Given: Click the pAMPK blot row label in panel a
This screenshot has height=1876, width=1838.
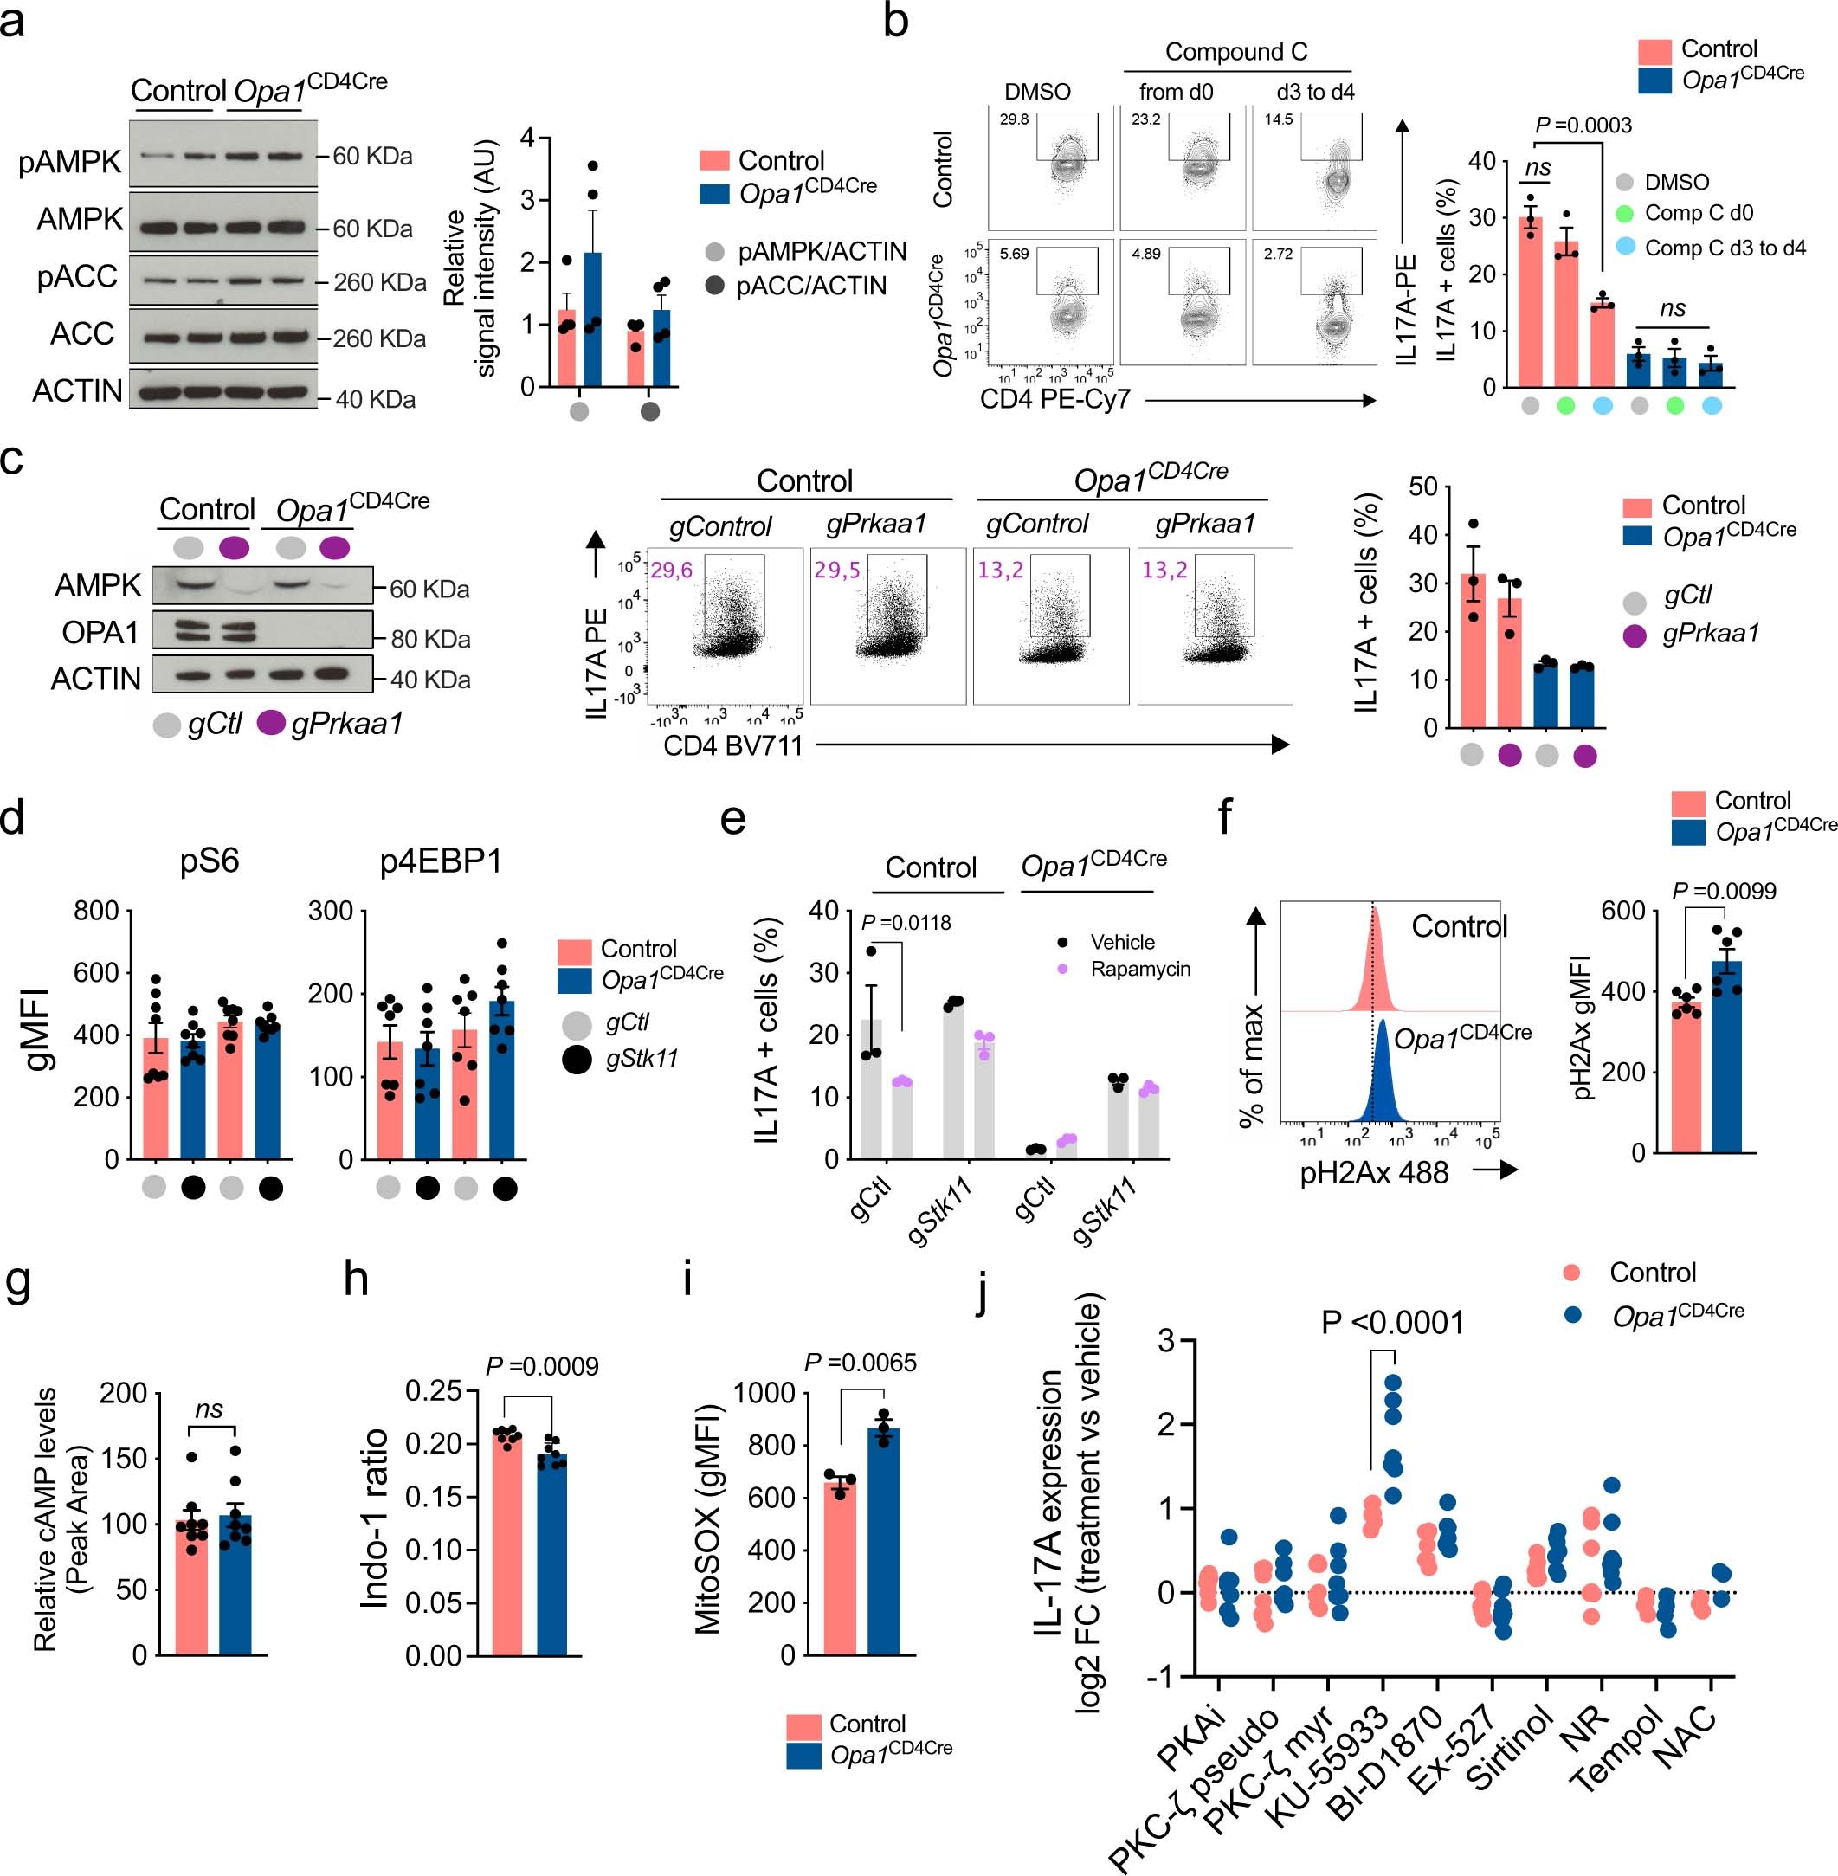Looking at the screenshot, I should (69, 162).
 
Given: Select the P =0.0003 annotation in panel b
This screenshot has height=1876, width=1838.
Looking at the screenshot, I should (1583, 126).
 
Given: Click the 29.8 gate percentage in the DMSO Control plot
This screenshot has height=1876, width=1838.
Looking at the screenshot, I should (1014, 119).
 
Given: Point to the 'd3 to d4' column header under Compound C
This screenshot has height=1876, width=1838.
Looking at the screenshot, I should (1315, 92).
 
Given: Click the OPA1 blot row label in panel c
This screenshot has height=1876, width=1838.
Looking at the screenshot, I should (100, 633).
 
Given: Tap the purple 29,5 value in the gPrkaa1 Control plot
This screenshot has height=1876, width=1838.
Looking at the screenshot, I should (836, 570).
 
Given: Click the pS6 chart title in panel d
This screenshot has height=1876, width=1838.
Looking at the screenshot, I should (210, 861).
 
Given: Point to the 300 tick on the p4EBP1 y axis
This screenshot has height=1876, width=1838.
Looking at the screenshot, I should (330, 911).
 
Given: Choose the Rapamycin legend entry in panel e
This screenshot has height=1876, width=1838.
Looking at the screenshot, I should (1139, 969).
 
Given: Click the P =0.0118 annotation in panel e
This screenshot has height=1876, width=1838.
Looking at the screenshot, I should (906, 923).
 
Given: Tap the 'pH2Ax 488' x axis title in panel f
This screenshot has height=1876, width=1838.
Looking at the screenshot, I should (1374, 1173).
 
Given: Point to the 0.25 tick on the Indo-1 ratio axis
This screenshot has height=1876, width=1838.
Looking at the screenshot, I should (434, 1392).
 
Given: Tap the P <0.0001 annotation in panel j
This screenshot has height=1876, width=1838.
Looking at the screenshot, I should (1392, 1322).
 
